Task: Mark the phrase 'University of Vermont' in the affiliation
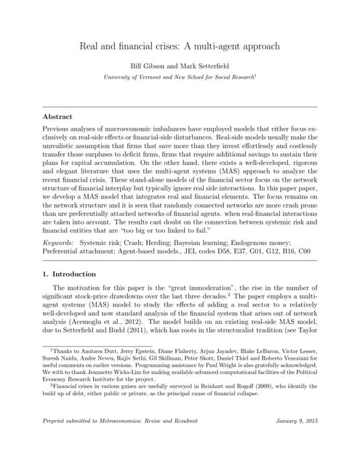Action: click(135, 76)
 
